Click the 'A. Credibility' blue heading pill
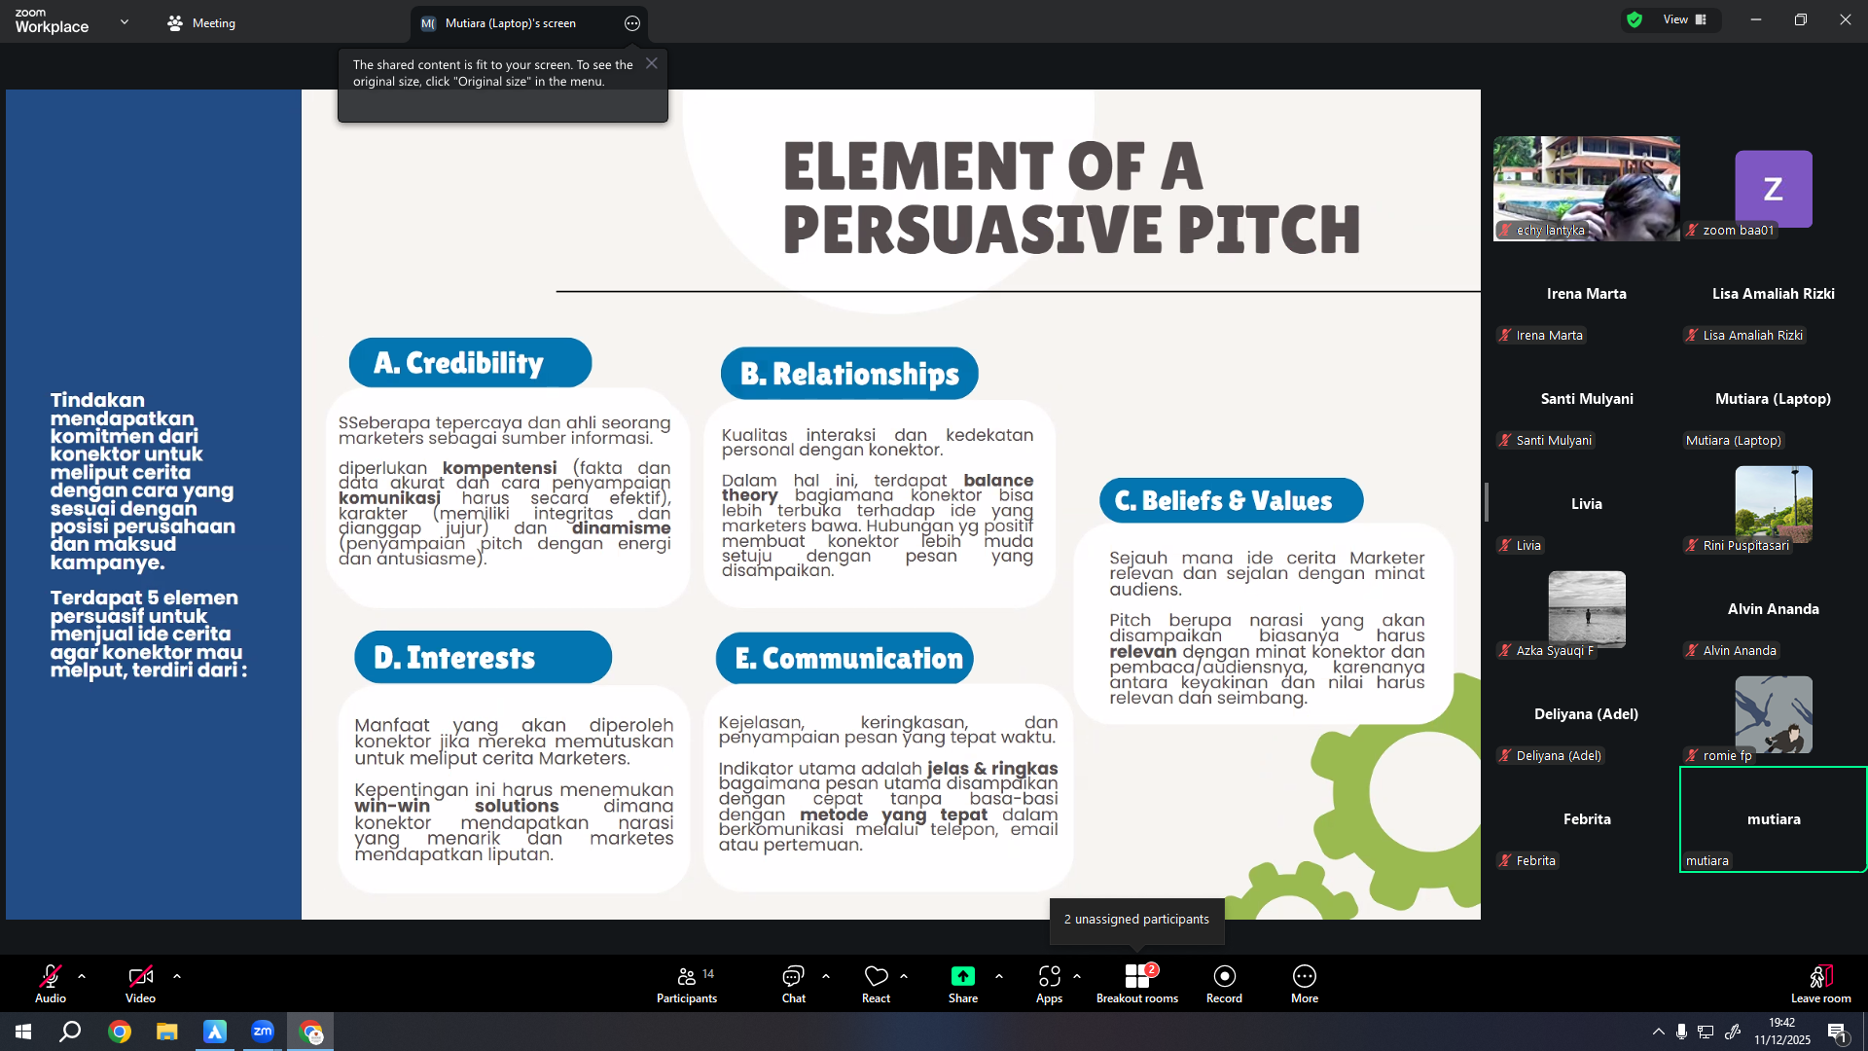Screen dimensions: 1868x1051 [470, 363]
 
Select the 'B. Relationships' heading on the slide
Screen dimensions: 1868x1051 [849, 374]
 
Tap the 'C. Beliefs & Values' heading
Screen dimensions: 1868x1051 [1231, 500]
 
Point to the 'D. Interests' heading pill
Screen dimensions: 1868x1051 [483, 658]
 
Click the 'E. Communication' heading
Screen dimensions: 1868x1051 [844, 659]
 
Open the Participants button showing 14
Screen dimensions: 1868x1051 [687, 984]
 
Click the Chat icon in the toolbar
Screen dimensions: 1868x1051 [794, 984]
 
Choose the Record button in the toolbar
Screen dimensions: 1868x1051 [1224, 984]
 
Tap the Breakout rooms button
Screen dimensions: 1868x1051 [1137, 984]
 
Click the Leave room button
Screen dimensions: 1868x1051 [1821, 984]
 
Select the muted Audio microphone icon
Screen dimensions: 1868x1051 [51, 975]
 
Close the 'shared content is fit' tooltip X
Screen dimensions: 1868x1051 [652, 63]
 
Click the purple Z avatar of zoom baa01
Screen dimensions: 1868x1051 [1774, 189]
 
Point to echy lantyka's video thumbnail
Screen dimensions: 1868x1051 [1587, 188]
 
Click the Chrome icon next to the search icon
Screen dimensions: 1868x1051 [120, 1032]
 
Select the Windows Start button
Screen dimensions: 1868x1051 [23, 1032]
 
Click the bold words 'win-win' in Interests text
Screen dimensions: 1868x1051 [392, 806]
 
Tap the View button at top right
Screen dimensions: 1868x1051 [1684, 19]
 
